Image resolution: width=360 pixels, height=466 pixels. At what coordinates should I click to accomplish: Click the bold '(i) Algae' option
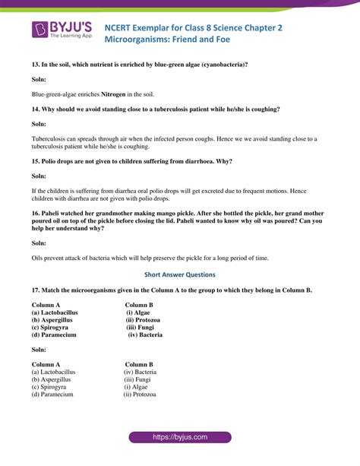pos(140,312)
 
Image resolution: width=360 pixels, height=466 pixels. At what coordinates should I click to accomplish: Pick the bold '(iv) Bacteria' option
pos(144,334)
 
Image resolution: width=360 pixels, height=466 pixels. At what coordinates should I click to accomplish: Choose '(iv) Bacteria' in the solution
pos(140,372)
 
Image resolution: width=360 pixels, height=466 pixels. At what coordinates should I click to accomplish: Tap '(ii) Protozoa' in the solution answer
pos(140,395)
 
